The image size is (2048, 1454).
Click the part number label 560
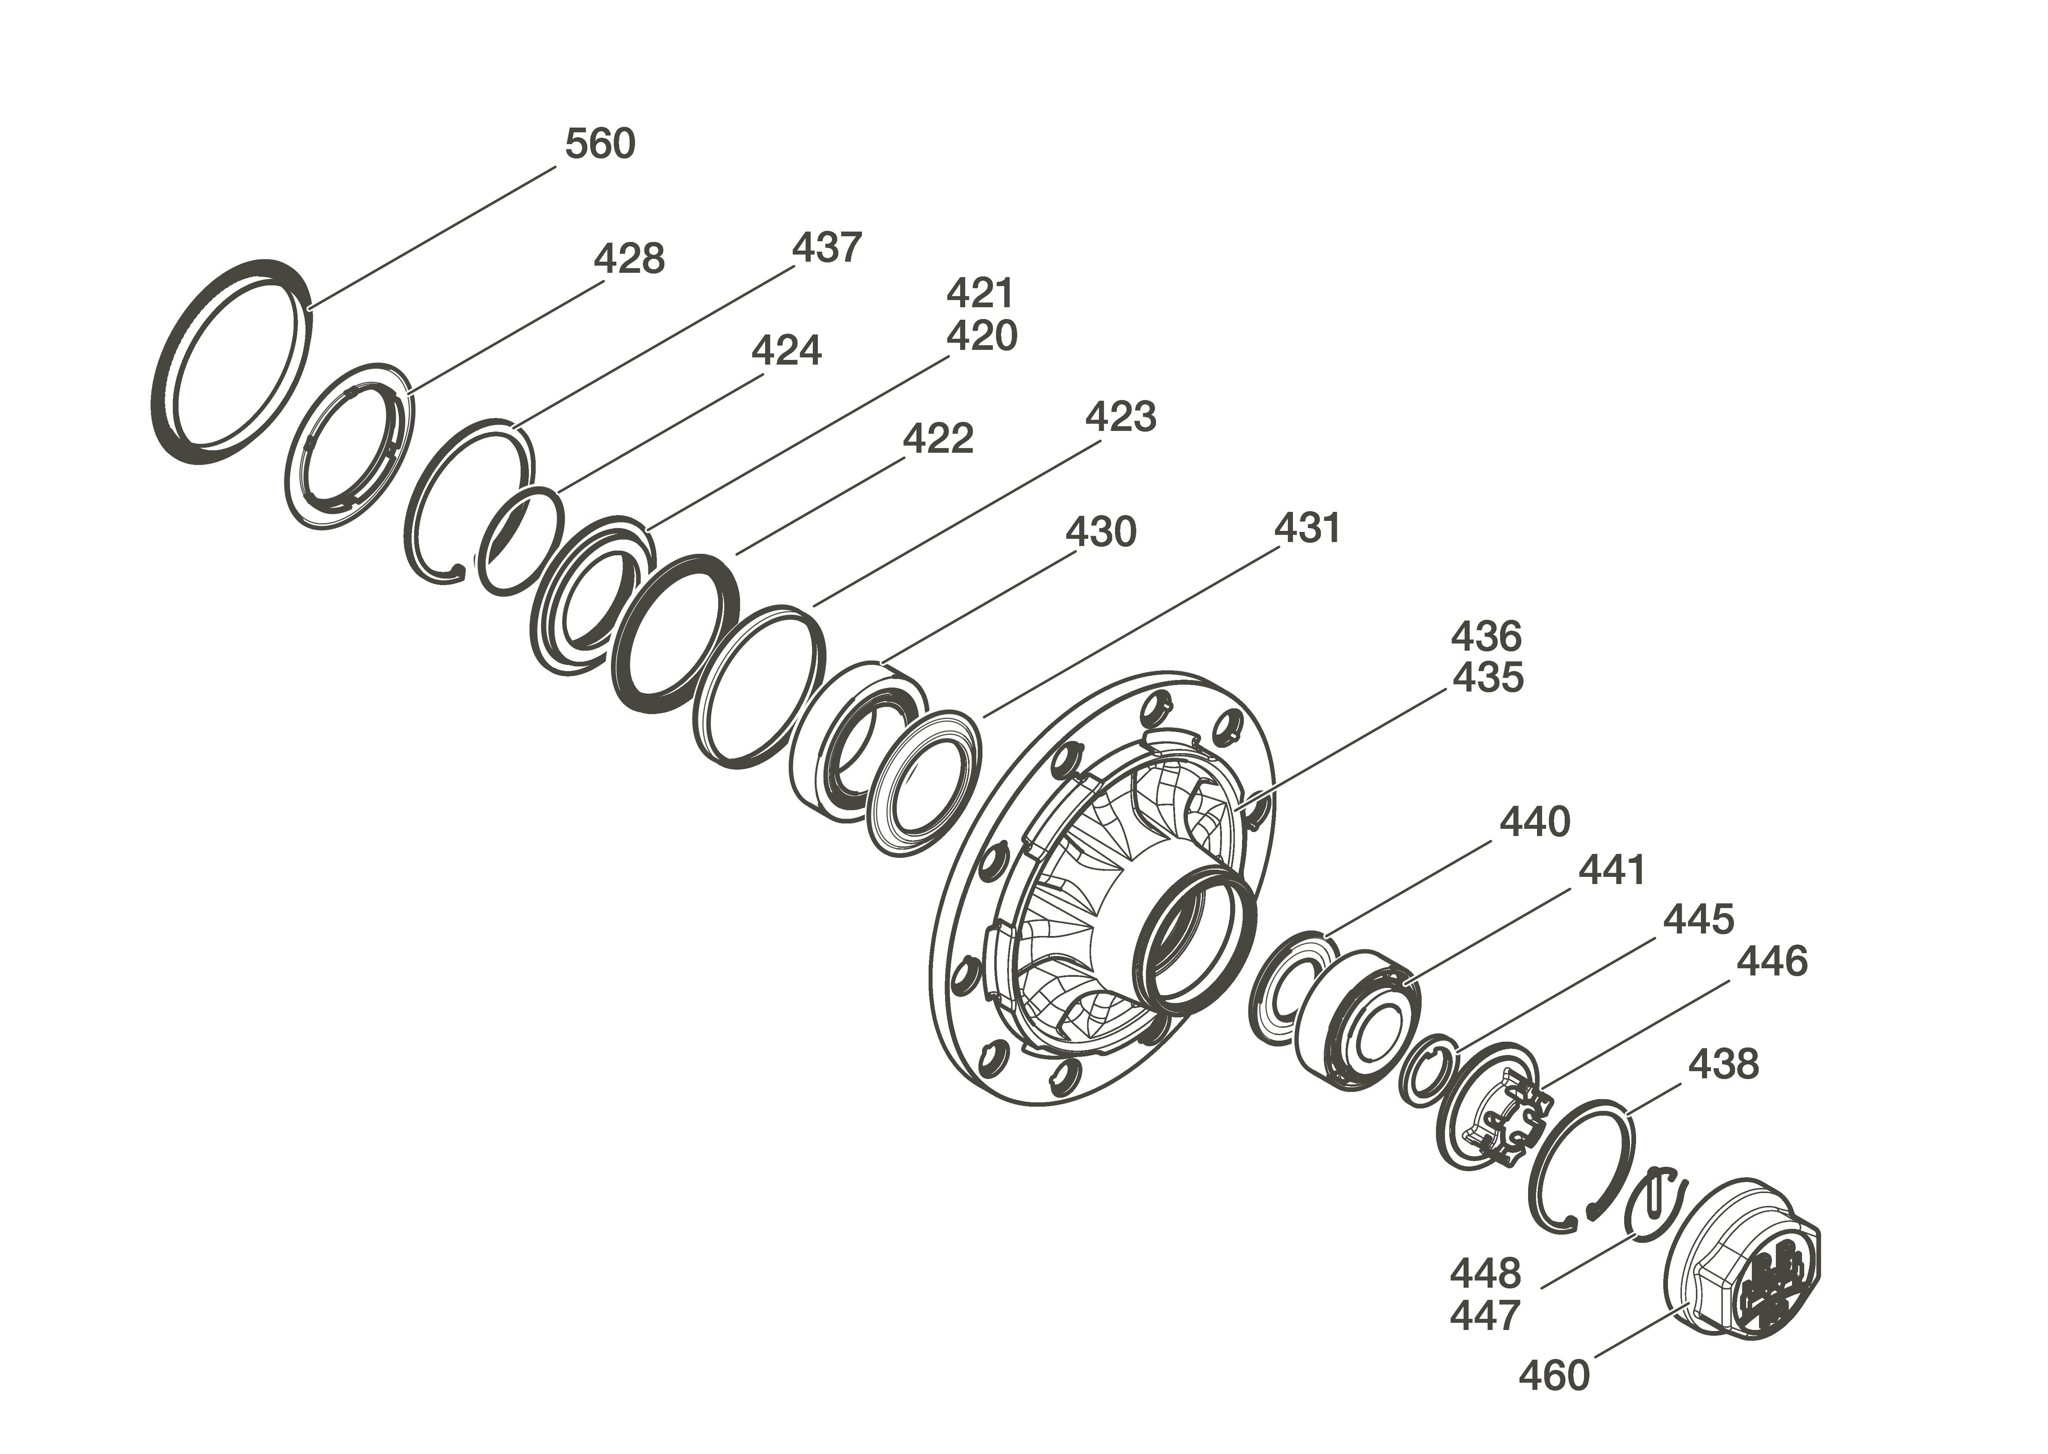pos(600,143)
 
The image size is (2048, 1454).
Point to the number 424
pos(786,351)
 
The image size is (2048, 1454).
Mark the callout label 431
pos(1307,528)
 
